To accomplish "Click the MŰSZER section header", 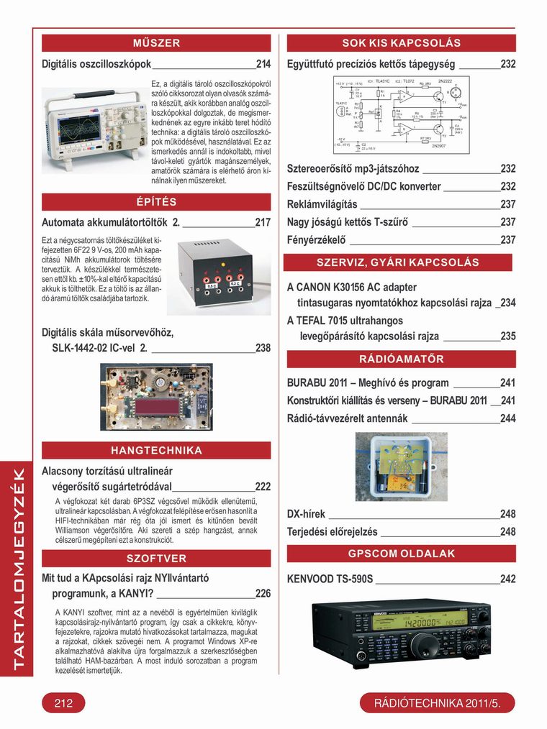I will click(x=156, y=43).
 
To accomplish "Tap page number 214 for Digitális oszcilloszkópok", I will click(x=263, y=64).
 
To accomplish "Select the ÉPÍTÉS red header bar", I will click(x=156, y=201).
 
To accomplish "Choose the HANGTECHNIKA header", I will click(x=156, y=451).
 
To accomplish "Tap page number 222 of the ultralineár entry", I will click(x=263, y=487).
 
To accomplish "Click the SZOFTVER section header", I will click(x=156, y=558).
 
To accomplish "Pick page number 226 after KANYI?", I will click(x=263, y=594).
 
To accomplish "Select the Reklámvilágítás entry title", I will click(x=322, y=204).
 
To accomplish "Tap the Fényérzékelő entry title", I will click(x=316, y=239).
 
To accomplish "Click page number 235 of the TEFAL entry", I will click(x=508, y=336).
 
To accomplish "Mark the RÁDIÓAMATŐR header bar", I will click(x=401, y=359).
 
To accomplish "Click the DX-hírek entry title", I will click(x=306, y=514).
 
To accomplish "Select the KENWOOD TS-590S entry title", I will click(x=330, y=579).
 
